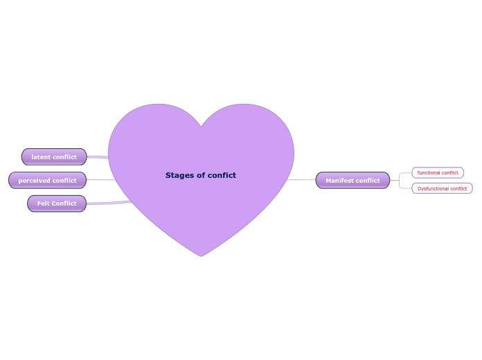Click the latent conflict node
coord(54,157)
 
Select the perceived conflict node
coord(47,181)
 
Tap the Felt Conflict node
coord(57,204)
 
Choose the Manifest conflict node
coord(352,181)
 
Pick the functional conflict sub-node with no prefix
coord(438,172)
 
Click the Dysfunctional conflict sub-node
coord(442,188)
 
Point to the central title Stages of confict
coord(201,176)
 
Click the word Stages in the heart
coord(178,176)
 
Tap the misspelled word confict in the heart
coord(222,176)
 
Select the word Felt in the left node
coord(43,204)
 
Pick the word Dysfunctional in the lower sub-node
coord(433,188)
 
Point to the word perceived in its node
coord(33,181)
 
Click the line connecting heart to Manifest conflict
coord(302,180)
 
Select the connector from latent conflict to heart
coord(98,157)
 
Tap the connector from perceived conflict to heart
coord(100,180)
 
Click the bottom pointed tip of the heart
coord(201,255)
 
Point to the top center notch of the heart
coord(202,127)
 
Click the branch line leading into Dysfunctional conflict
coord(406,188)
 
